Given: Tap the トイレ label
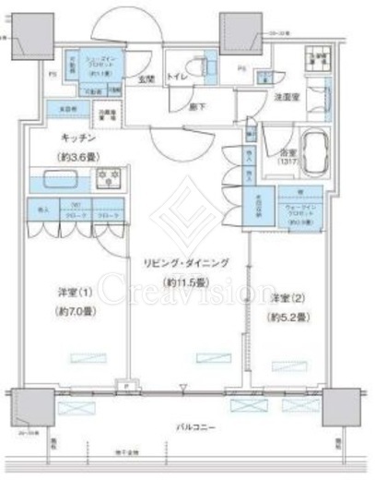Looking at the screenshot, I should (x=177, y=78).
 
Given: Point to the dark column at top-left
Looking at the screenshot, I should (x=28, y=30).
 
